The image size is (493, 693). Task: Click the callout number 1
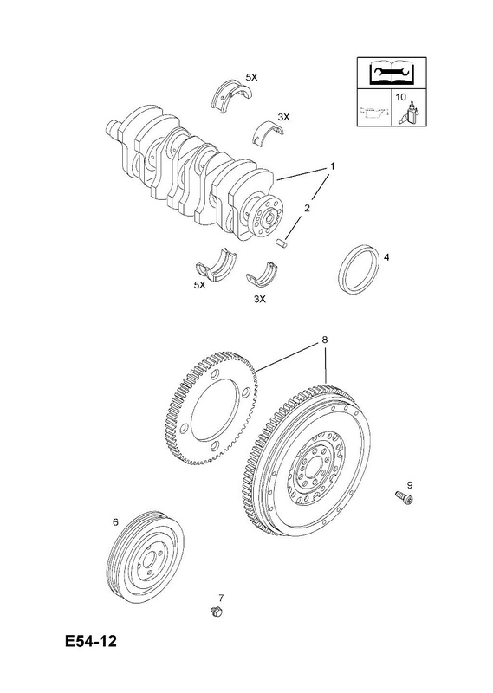(x=332, y=166)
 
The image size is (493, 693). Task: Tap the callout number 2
(x=307, y=207)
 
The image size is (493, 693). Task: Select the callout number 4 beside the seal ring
(x=386, y=257)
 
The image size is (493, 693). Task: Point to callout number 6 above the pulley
(x=115, y=522)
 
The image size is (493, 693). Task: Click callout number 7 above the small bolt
(x=221, y=598)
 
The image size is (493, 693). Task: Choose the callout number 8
(x=325, y=340)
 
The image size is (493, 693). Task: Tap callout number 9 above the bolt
(x=410, y=485)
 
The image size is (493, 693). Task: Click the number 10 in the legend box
(x=400, y=97)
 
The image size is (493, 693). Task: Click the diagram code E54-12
(x=91, y=641)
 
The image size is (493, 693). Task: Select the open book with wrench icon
(x=392, y=74)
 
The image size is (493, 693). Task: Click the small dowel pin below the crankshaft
(x=282, y=243)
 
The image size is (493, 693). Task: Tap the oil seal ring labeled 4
(x=359, y=269)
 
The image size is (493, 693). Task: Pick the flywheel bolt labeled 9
(x=404, y=497)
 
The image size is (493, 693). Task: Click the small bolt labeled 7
(x=217, y=612)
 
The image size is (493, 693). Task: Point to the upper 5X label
(x=251, y=77)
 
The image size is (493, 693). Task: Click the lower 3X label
(x=260, y=299)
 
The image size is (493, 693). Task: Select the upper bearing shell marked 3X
(x=269, y=132)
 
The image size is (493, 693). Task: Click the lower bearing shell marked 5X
(x=217, y=266)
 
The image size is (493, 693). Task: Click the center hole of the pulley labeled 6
(x=148, y=560)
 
